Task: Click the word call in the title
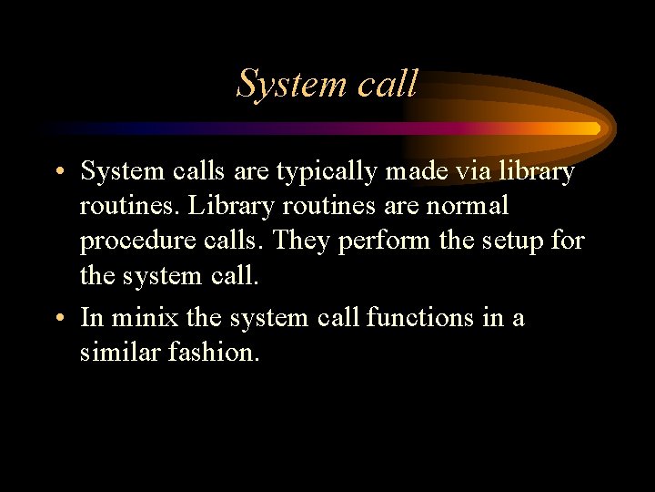pyautogui.click(x=388, y=84)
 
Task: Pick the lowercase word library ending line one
pyautogui.click(x=540, y=171)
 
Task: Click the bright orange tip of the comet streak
pyautogui.click(x=595, y=128)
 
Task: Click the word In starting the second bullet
pyautogui.click(x=91, y=318)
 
